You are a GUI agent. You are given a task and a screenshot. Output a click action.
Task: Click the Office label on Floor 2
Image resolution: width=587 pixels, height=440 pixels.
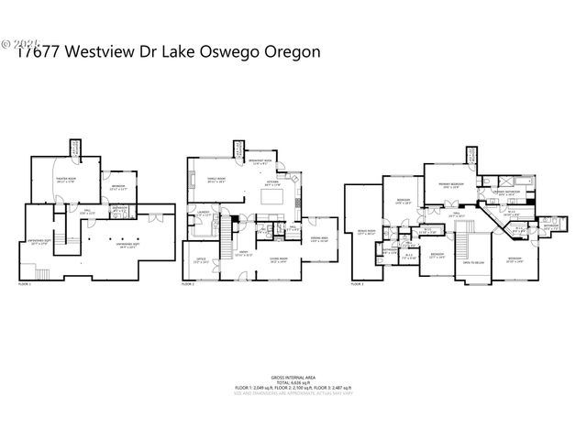(201, 261)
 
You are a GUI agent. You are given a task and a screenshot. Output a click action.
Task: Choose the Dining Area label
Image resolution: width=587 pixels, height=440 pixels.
(320, 240)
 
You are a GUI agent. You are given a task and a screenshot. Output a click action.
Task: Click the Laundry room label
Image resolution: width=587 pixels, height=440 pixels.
(204, 216)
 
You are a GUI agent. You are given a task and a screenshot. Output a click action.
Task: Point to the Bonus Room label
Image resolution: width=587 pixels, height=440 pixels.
(366, 233)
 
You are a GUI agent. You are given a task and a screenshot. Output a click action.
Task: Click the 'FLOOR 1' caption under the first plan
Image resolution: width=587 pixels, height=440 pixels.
(25, 285)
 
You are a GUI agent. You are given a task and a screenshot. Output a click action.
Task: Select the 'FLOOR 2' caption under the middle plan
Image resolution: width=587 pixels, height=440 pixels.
(188, 285)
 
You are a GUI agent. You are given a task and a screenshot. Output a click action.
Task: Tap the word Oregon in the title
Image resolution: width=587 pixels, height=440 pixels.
(290, 52)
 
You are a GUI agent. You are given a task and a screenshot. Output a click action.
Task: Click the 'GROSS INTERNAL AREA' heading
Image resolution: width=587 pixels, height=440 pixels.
(293, 377)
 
